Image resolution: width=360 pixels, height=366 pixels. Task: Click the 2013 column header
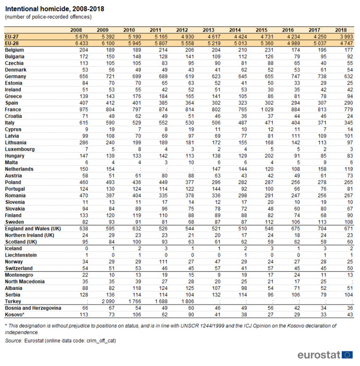pyautogui.click(x=208, y=30)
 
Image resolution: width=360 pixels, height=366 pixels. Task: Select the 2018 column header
pyautogui.click(x=341, y=30)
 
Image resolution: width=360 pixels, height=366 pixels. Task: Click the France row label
pyautogui.click(x=13, y=109)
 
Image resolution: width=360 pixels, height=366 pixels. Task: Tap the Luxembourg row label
pyautogui.click(x=20, y=149)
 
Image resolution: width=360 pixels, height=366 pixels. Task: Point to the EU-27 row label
pyautogui.click(x=11, y=36)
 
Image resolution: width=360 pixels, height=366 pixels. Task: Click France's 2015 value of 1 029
pyautogui.click(x=267, y=109)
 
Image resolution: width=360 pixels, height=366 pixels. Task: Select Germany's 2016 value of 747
pyautogui.click(x=295, y=76)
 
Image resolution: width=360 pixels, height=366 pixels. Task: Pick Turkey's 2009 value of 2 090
pyautogui.click(x=108, y=301)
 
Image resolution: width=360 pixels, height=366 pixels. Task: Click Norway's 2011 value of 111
pyautogui.click(x=163, y=262)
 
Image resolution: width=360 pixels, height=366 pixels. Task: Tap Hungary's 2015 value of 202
pyautogui.click(x=269, y=156)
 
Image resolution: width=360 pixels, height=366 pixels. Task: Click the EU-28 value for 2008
pyautogui.click(x=81, y=43)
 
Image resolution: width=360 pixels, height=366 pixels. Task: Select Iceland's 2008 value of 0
pyautogui.click(x=87, y=248)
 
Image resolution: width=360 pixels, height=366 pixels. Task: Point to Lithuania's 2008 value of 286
pyautogui.click(x=83, y=143)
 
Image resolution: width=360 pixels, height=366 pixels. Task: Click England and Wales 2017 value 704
pyautogui.click(x=322, y=228)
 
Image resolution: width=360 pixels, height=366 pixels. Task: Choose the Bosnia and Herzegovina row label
pyautogui.click(x=33, y=308)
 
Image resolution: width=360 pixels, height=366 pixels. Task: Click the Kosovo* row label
pyautogui.click(x=15, y=315)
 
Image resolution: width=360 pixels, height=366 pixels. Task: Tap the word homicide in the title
pyautogui.click(x=54, y=9)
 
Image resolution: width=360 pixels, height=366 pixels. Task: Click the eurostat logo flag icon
pyautogui.click(x=347, y=355)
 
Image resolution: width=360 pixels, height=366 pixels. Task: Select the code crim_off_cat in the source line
pyautogui.click(x=101, y=340)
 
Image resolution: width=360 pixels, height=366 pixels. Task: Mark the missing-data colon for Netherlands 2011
pyautogui.click(x=166, y=169)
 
